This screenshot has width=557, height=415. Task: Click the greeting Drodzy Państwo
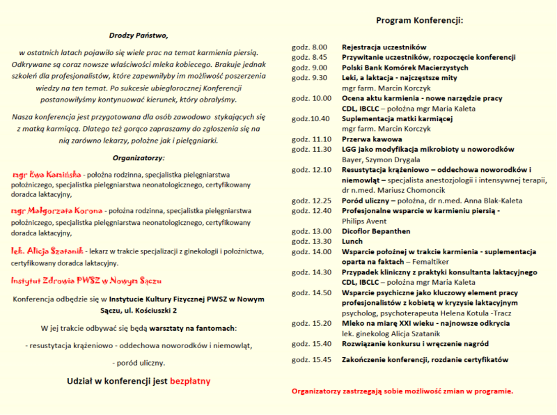click(139, 35)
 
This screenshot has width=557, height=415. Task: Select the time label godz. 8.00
click(309, 47)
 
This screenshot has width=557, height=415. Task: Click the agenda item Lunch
click(353, 241)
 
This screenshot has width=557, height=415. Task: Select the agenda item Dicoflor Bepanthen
click(376, 231)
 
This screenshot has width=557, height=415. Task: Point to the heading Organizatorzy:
click(139, 158)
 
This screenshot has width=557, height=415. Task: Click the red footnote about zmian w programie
click(402, 391)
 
